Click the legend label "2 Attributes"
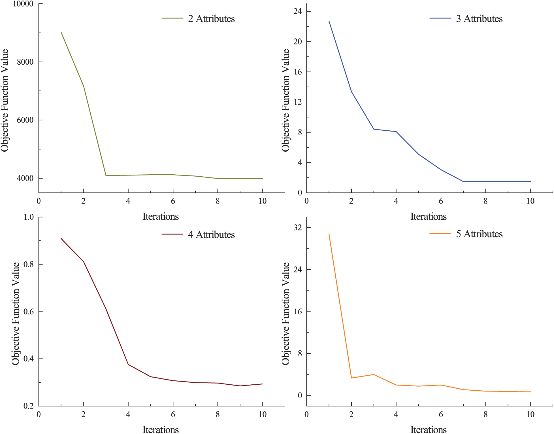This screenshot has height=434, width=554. tap(211, 19)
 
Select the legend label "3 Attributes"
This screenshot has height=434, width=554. tap(479, 19)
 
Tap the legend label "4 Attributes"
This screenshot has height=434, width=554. tap(211, 235)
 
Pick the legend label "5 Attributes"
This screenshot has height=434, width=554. tap(479, 234)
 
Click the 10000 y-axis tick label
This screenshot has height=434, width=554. tap(23, 4)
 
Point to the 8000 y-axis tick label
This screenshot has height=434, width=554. tap(25, 62)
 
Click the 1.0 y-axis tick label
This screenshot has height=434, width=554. tap(29, 217)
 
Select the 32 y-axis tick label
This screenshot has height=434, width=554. tap(298, 228)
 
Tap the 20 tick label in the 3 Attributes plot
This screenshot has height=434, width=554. tap(298, 42)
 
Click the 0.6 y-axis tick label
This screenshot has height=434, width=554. tap(29, 312)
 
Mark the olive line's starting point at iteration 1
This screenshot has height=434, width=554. tap(61, 32)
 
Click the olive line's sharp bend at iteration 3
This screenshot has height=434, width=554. tap(106, 175)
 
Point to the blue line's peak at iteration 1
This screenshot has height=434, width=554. tap(329, 21)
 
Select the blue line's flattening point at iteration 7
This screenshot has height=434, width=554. tap(463, 181)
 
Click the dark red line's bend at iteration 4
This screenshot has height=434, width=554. tap(128, 365)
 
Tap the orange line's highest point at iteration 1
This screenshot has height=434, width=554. tap(329, 234)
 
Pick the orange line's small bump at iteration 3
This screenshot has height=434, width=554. tap(374, 374)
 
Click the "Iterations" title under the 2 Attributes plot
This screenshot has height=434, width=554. tap(161, 217)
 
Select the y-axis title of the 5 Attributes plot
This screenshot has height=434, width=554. tap(285, 313)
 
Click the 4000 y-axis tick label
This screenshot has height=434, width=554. tap(25, 179)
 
